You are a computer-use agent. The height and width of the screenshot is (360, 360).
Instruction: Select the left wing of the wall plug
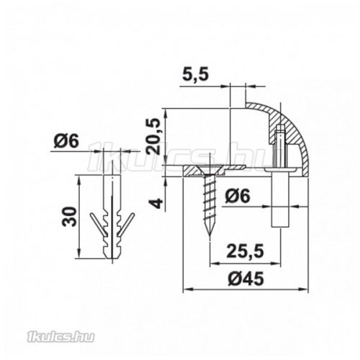95,223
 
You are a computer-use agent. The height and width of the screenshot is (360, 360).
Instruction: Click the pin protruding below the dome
279,205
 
